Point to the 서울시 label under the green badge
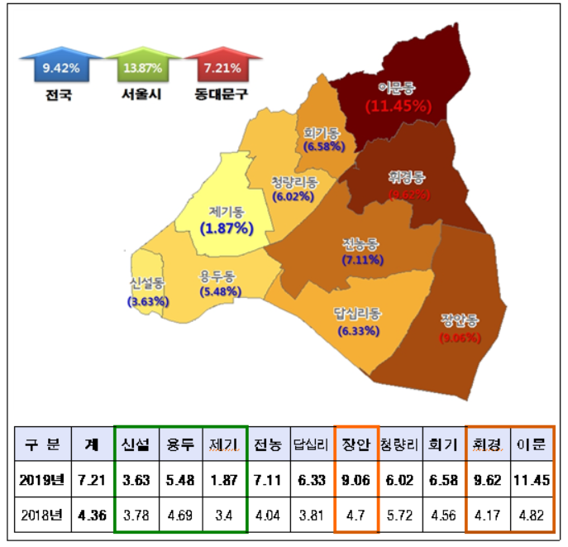click(x=139, y=94)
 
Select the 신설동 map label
click(x=147, y=283)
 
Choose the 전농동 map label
click(x=361, y=244)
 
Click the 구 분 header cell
click(x=42, y=444)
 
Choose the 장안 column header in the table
click(x=356, y=444)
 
